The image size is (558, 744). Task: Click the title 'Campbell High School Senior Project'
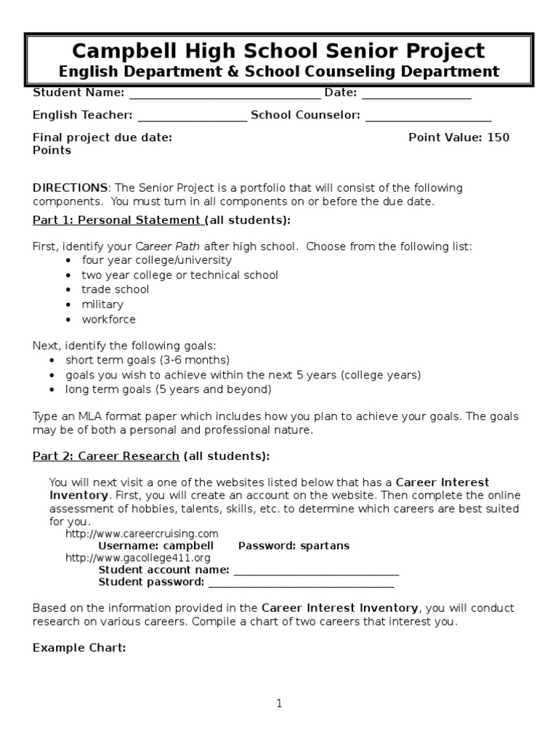tap(278, 51)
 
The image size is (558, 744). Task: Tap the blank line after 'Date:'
tap(416, 94)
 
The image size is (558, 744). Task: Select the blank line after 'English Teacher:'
tap(192, 116)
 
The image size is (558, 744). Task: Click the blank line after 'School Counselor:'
tap(428, 116)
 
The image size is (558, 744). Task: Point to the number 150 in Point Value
tap(498, 137)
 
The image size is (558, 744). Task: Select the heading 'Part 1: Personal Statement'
tap(117, 220)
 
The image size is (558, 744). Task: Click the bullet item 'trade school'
tap(115, 289)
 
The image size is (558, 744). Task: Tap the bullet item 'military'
tap(102, 304)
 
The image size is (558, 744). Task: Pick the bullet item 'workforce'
tap(108, 319)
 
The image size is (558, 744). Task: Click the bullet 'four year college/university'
tap(156, 259)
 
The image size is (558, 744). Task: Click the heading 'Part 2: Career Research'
tap(106, 456)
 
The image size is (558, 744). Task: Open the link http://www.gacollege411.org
tap(137, 558)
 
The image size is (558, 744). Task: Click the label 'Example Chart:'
tap(79, 647)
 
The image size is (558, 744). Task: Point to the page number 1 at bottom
tap(278, 703)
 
